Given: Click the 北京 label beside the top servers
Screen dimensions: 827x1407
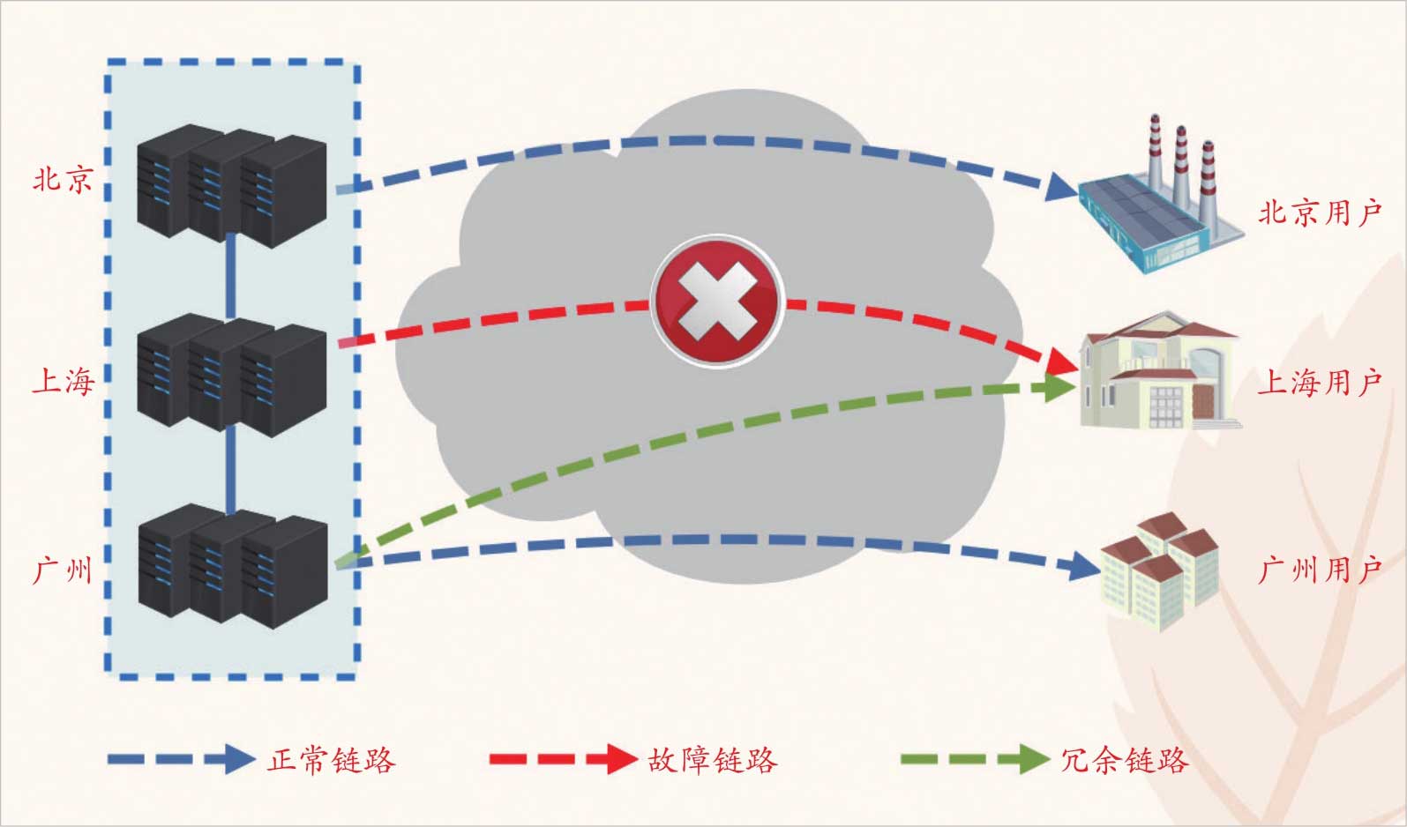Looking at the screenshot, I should [63, 180].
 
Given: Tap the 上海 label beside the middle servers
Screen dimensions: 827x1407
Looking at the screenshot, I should [63, 382].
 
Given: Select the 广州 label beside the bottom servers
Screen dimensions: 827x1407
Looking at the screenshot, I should [63, 570].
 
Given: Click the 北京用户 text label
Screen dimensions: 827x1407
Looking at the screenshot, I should [1319, 212].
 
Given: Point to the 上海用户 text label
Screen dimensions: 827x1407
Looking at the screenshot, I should [1319, 383].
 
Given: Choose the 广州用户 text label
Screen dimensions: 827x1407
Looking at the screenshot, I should [1319, 570].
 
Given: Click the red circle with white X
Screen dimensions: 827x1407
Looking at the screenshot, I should [716, 301].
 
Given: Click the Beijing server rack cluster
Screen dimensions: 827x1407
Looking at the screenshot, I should [232, 184].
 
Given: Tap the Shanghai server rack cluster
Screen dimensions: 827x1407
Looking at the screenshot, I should [232, 374].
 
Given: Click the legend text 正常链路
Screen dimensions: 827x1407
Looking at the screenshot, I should [332, 759].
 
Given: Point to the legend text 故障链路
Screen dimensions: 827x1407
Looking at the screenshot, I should [712, 759].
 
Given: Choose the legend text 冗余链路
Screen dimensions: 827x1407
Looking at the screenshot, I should [1124, 759].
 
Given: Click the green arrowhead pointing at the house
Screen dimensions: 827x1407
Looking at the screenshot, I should [1059, 387].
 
